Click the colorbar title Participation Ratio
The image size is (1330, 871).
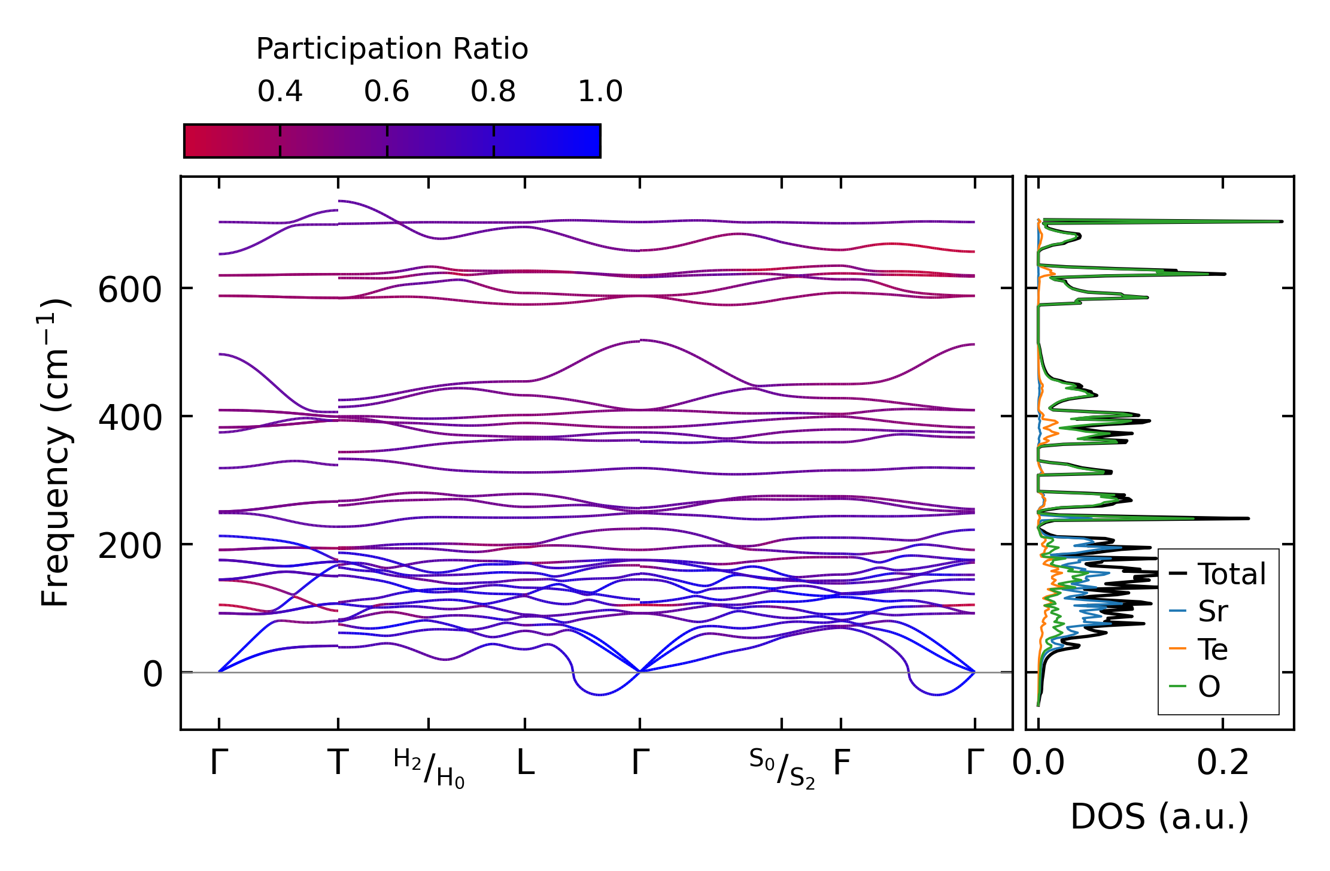pos(392,49)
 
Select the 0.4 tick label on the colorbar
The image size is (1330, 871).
pos(280,92)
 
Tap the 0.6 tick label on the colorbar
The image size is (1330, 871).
pos(387,92)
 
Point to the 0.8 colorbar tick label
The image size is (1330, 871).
pos(493,92)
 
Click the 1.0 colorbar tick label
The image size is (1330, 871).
pos(600,92)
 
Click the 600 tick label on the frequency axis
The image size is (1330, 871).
pos(130,291)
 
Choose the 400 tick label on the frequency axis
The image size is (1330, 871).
pos(130,418)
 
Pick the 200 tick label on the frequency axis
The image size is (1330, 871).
pos(130,547)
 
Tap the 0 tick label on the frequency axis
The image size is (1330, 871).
pos(152,675)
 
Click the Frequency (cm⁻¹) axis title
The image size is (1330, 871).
pos(55,453)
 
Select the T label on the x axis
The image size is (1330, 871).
pos(338,763)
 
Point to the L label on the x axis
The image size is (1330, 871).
pos(526,763)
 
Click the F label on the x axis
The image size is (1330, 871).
pos(842,763)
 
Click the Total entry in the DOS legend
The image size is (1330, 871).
pos(1217,574)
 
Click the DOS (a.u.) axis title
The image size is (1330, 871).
pos(1159,817)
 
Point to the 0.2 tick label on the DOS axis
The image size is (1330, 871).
pos(1223,763)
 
